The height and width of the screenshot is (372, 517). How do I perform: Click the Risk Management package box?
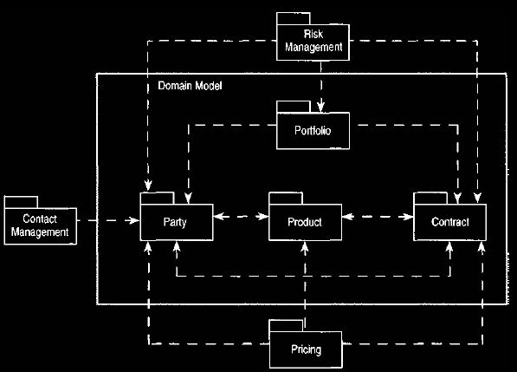tap(313, 42)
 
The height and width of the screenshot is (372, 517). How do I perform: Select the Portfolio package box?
tap(313, 131)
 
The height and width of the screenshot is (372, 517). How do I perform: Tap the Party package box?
tap(177, 222)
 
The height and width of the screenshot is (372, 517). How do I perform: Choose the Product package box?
tap(306, 222)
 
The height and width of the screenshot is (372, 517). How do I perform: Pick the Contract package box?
tap(449, 222)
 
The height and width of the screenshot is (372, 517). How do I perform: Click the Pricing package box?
tap(306, 349)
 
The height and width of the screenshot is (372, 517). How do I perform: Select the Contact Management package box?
tap(41, 226)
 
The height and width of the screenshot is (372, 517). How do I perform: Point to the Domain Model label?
tap(190, 86)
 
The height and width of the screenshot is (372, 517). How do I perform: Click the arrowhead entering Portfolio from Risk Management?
tap(320, 107)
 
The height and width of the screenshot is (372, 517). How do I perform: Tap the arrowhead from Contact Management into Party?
tap(134, 220)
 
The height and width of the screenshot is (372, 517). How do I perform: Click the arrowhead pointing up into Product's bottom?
tap(305, 247)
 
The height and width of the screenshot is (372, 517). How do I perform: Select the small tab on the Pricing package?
tap(286, 326)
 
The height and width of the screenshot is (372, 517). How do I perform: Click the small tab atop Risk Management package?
tap(294, 18)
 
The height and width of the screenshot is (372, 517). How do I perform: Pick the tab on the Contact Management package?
tap(21, 202)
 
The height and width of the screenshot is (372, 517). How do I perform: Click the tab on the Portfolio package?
tap(294, 107)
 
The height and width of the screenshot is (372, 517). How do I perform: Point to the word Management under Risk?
tap(313, 48)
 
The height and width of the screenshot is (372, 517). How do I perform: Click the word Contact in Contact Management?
tap(40, 219)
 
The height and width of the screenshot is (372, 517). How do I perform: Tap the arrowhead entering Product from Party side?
tap(263, 217)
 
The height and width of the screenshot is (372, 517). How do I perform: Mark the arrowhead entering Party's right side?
tap(220, 217)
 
